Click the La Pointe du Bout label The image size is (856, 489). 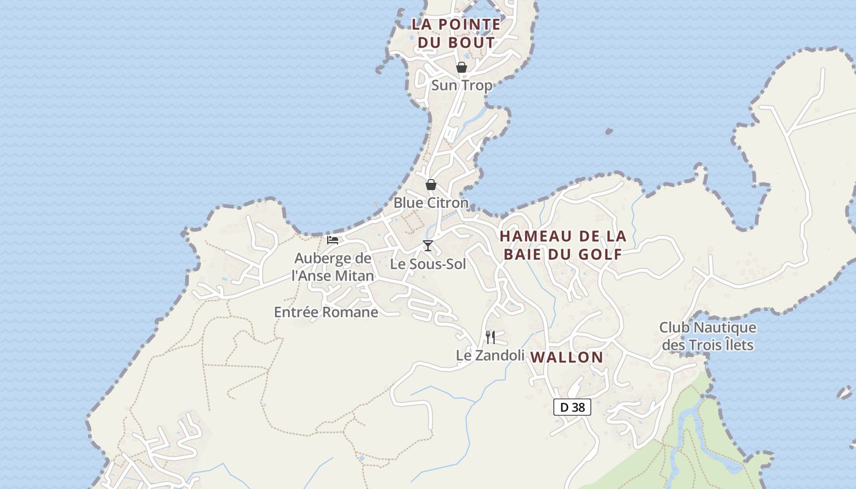[456, 34]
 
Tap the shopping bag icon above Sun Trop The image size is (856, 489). [462, 67]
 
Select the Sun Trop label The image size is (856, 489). [462, 86]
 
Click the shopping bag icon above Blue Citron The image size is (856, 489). [431, 185]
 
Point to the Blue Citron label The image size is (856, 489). [431, 203]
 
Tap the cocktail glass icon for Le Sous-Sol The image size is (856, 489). [428, 246]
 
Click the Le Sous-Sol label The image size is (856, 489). [428, 264]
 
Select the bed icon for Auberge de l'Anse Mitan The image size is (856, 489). [333, 240]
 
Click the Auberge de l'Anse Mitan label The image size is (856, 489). [333, 267]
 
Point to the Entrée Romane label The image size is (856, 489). [326, 312]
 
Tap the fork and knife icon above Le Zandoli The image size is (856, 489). [490, 337]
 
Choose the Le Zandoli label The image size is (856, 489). [490, 355]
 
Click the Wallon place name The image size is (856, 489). [567, 358]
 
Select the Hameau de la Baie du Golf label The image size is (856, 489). [563, 245]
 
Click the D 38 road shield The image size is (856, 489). [572, 407]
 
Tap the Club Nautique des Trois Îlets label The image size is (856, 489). [707, 336]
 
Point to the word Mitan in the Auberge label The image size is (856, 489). [353, 276]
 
